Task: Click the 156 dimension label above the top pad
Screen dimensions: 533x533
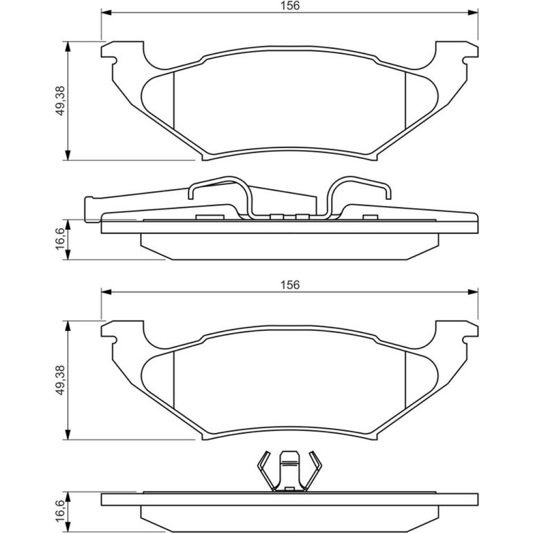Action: [290, 6]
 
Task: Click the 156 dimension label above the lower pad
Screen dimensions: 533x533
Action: [290, 285]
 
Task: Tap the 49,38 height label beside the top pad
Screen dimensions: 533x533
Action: [60, 100]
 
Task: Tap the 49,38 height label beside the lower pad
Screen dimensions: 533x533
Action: [60, 379]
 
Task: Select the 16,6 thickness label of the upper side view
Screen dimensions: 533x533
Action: [60, 239]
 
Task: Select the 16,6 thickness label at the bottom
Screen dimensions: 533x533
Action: [60, 511]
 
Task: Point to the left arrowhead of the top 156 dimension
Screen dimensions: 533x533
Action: [107, 13]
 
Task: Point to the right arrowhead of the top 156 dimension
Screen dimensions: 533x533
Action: [473, 13]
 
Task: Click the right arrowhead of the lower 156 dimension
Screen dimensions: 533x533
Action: [473, 292]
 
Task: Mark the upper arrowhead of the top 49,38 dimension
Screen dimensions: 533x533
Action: [69, 47]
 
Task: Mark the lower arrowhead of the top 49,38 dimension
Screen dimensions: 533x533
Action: [69, 155]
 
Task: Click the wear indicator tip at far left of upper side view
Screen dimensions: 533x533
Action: [89, 209]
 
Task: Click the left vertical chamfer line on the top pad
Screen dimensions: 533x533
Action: [174, 100]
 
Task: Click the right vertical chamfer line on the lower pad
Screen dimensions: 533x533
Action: [406, 379]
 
